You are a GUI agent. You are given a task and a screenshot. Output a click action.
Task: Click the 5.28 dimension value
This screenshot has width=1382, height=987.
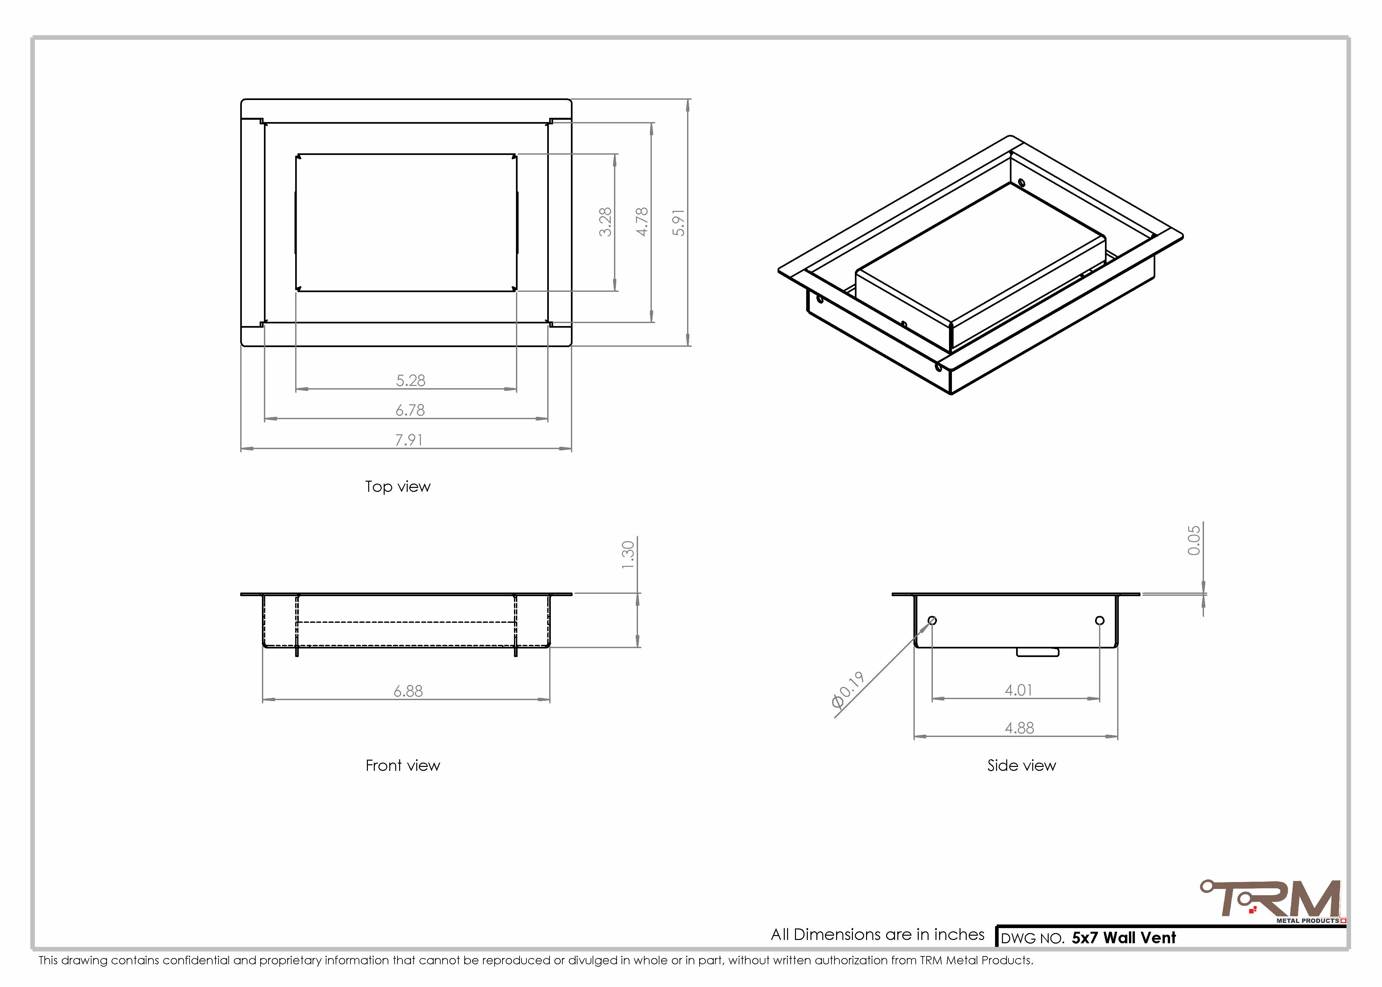pyautogui.click(x=411, y=380)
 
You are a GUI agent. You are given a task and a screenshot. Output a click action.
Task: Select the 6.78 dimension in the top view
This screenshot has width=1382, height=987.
pyautogui.click(x=410, y=410)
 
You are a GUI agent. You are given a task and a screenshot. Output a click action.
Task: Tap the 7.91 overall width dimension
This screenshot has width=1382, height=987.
pyautogui.click(x=409, y=440)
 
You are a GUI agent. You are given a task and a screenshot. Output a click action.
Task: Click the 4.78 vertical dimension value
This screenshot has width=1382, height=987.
pyautogui.click(x=642, y=222)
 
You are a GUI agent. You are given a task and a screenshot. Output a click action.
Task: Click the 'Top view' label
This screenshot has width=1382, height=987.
pyautogui.click(x=397, y=487)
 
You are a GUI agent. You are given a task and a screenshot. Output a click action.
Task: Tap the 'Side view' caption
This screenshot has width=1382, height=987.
pyautogui.click(x=1022, y=766)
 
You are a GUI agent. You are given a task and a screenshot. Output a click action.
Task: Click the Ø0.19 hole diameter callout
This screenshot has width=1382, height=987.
pyautogui.click(x=848, y=690)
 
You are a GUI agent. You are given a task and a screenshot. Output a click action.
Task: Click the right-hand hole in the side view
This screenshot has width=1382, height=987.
pyautogui.click(x=1099, y=620)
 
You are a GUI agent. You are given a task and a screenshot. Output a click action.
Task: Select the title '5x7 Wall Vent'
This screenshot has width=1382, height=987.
pyautogui.click(x=1124, y=938)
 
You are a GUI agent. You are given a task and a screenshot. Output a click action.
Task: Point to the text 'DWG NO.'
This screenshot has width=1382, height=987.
pyautogui.click(x=1033, y=938)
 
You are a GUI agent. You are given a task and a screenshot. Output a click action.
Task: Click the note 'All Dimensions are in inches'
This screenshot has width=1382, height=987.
pyautogui.click(x=878, y=935)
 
